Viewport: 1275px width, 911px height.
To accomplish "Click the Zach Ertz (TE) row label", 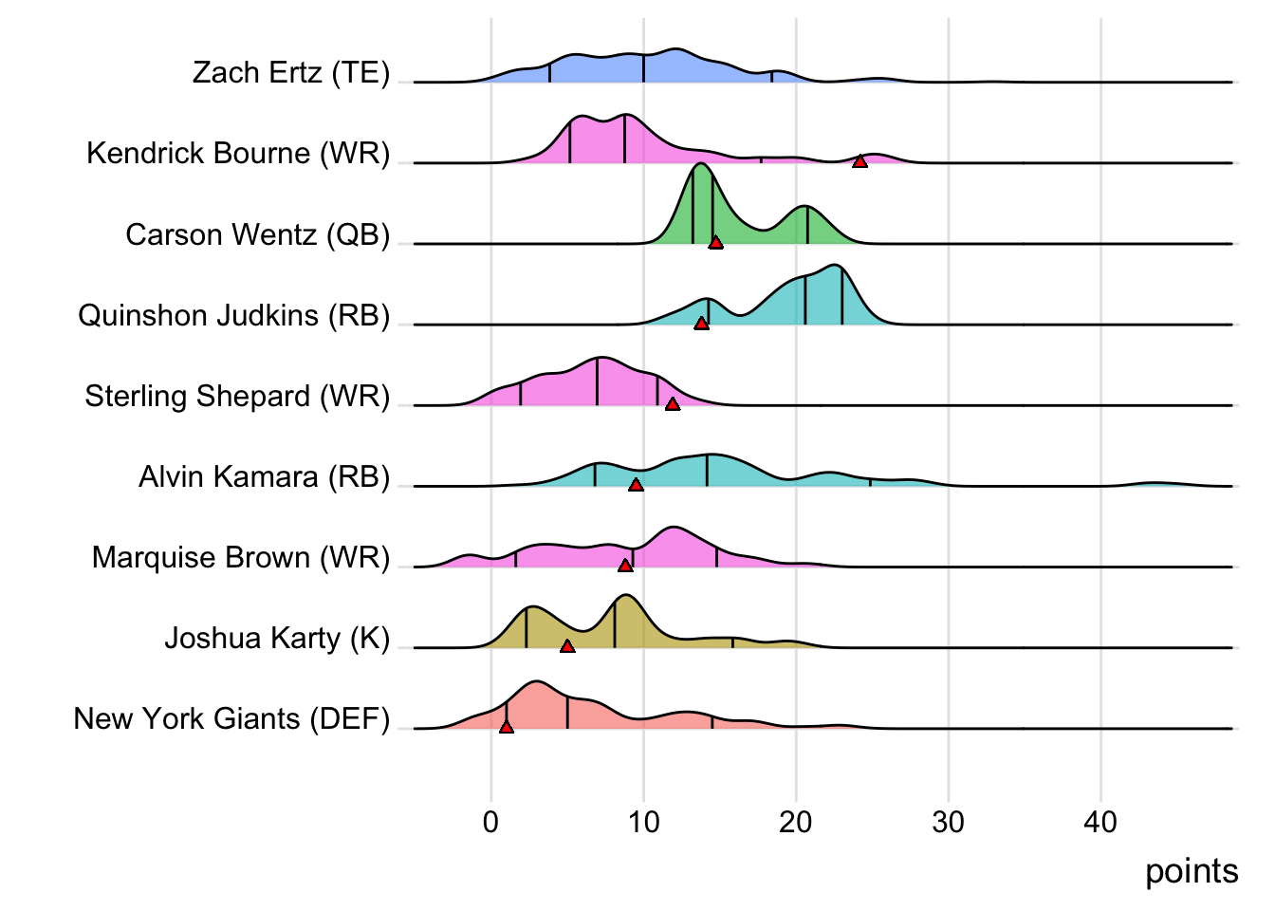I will (x=290, y=73).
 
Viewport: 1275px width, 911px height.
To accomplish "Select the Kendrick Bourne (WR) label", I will (x=238, y=154).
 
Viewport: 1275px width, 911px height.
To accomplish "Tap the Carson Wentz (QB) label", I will (x=257, y=234).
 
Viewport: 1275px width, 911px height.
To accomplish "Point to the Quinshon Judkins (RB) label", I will (x=233, y=315).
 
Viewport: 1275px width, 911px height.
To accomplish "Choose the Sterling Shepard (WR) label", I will (x=237, y=396).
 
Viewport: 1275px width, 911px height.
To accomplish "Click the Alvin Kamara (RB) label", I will (x=264, y=476).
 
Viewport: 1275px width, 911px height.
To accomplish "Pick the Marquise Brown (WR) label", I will (x=241, y=557).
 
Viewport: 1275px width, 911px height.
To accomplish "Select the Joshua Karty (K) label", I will (x=277, y=638).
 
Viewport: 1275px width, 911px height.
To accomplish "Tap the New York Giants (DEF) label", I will (x=231, y=718).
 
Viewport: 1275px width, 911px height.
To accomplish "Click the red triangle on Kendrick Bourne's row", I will (x=859, y=162).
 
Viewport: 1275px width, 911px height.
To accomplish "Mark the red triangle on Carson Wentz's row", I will (x=715, y=243).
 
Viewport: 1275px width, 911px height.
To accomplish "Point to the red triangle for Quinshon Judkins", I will (x=701, y=324).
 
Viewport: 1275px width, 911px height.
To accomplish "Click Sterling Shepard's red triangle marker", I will (x=673, y=404).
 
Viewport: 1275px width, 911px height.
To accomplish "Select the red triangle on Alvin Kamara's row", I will (x=636, y=485).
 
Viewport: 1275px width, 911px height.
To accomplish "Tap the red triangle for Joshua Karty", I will (x=567, y=646).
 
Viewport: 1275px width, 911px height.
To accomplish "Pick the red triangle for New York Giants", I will (x=507, y=727).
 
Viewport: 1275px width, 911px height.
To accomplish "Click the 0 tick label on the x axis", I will (x=490, y=822).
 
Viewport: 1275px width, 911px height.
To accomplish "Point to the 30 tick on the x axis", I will (x=948, y=822).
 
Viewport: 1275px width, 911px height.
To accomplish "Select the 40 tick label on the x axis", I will (x=1100, y=822).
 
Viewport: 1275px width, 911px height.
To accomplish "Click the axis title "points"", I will (x=1192, y=871).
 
